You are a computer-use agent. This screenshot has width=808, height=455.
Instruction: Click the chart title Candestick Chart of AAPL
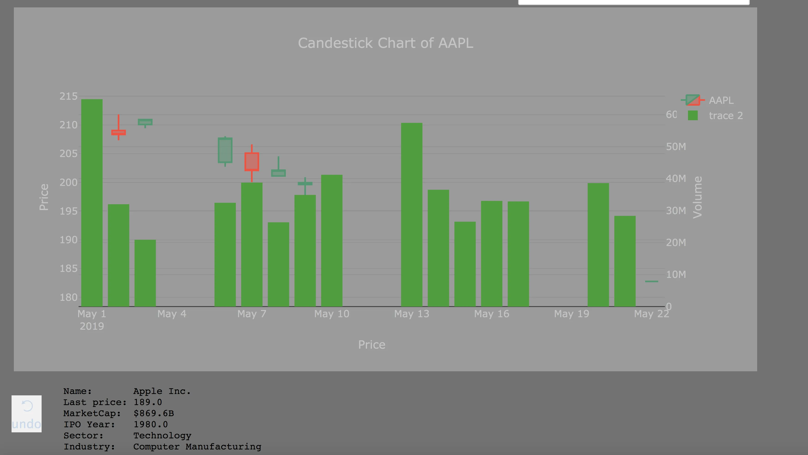coord(385,43)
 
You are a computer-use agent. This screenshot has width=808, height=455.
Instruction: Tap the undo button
coord(27,414)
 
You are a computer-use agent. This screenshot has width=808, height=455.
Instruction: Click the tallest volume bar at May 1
coord(92,203)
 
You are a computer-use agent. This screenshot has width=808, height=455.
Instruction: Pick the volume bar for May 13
coord(412,215)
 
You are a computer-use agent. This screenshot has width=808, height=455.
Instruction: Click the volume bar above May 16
coord(492,254)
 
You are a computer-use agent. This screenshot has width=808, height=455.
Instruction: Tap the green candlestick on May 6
coord(225,150)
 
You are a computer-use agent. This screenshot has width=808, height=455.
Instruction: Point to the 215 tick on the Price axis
coord(68,96)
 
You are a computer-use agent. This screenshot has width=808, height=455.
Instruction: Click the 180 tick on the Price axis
coord(68,297)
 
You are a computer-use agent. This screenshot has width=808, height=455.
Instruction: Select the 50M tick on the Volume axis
coord(676,147)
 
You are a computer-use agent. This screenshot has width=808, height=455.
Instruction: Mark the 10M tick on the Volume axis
coord(676,275)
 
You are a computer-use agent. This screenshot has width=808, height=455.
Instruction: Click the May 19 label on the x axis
coord(572,314)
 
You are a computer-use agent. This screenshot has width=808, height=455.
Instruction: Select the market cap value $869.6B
coord(154,413)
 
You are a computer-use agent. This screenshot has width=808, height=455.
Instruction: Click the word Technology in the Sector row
coord(162,436)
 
